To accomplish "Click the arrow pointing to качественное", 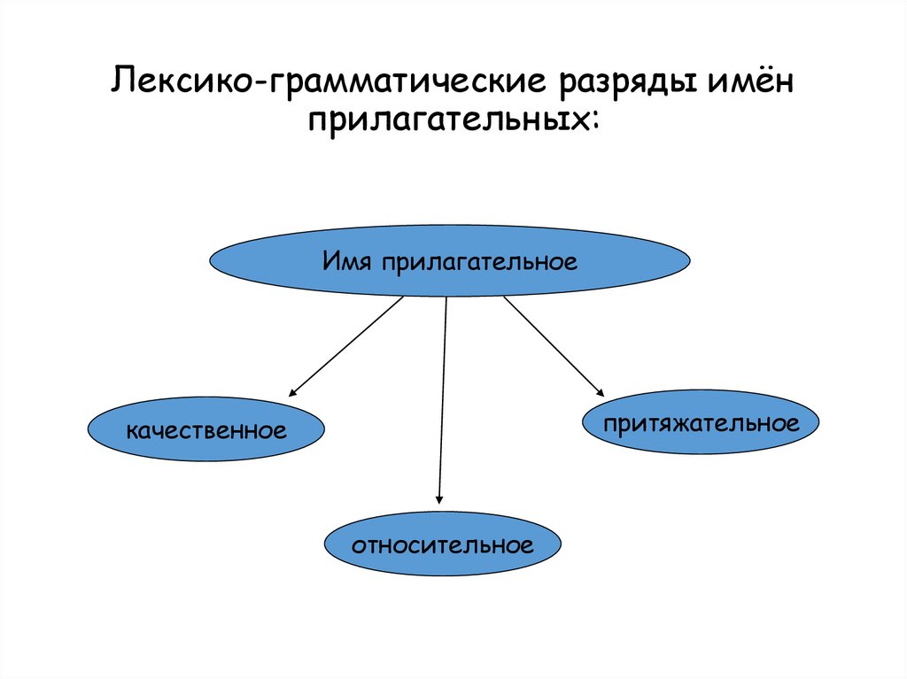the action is [x=346, y=346].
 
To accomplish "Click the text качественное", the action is [x=205, y=432].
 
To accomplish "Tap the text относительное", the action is [x=442, y=544].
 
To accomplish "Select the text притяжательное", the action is [x=701, y=424].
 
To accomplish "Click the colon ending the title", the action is [x=592, y=124].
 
